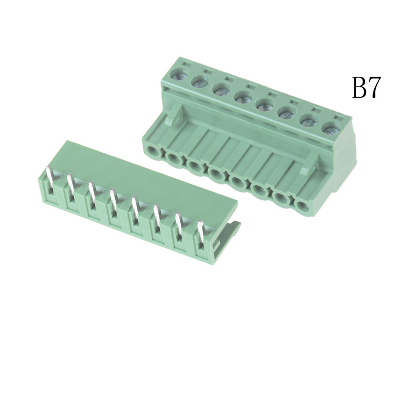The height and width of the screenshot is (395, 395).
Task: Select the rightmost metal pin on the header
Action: tap(201, 234)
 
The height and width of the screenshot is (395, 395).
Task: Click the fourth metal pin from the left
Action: tap(114, 204)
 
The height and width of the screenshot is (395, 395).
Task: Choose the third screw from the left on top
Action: tap(222, 89)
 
